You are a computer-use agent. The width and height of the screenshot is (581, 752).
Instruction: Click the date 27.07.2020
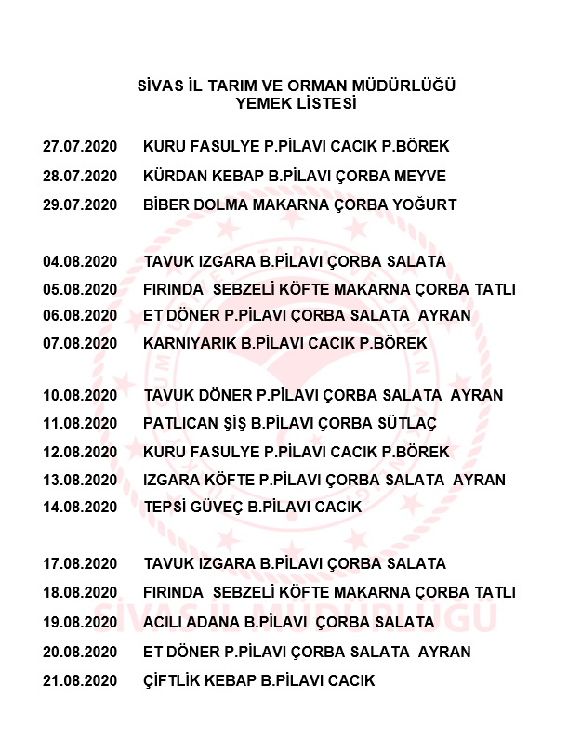coord(80,147)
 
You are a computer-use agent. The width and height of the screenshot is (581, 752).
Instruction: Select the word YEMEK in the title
coord(264,104)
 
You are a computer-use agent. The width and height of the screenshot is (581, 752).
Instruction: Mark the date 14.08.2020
coord(80,508)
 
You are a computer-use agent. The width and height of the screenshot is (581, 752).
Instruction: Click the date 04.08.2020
coord(80,261)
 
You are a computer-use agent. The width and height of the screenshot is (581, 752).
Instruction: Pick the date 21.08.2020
coord(80,681)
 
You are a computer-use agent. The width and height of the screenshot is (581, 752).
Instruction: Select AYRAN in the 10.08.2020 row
coord(476,395)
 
